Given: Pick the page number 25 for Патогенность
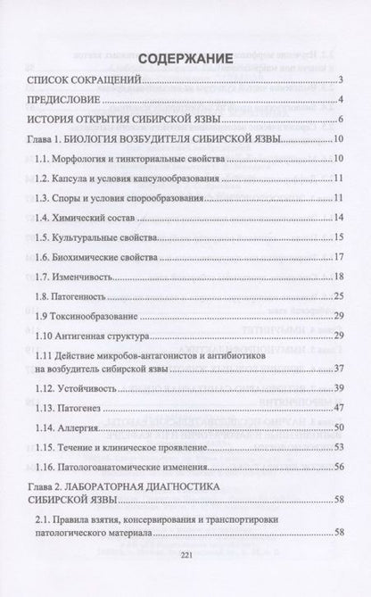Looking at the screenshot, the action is (x=339, y=295).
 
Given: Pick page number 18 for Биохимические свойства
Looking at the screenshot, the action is (x=339, y=256).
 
